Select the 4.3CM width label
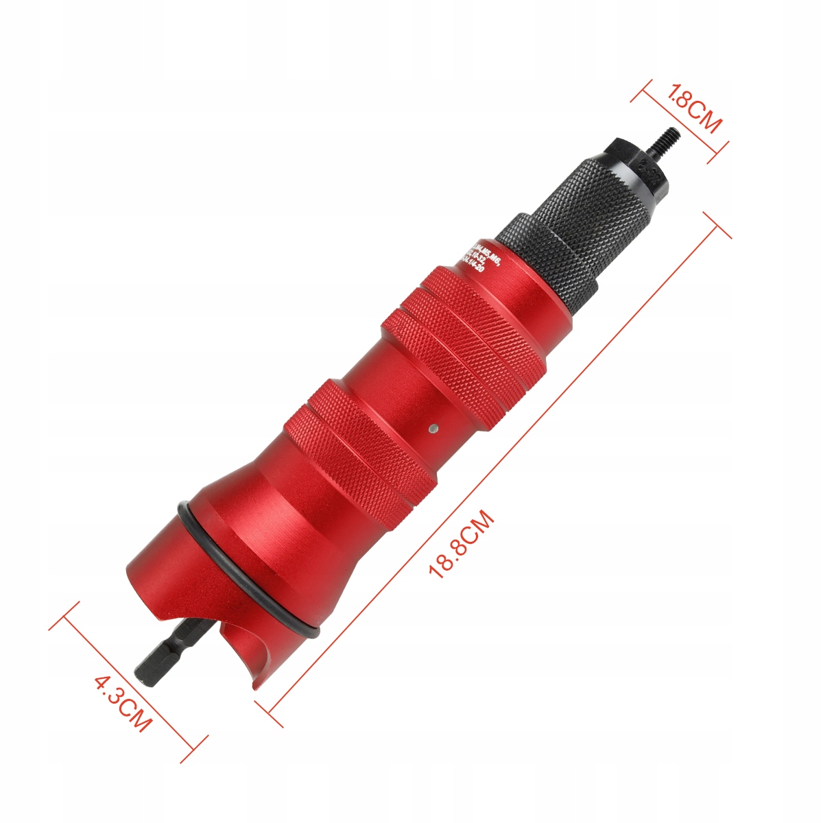[121, 704]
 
